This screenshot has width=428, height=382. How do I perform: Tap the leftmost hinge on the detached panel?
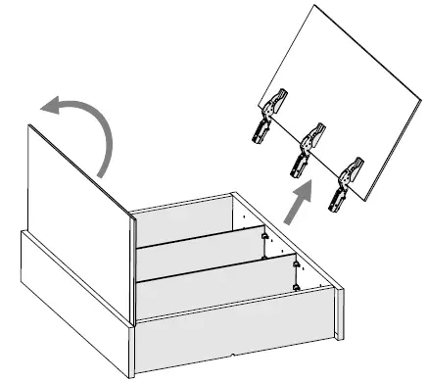coord(272,116)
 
